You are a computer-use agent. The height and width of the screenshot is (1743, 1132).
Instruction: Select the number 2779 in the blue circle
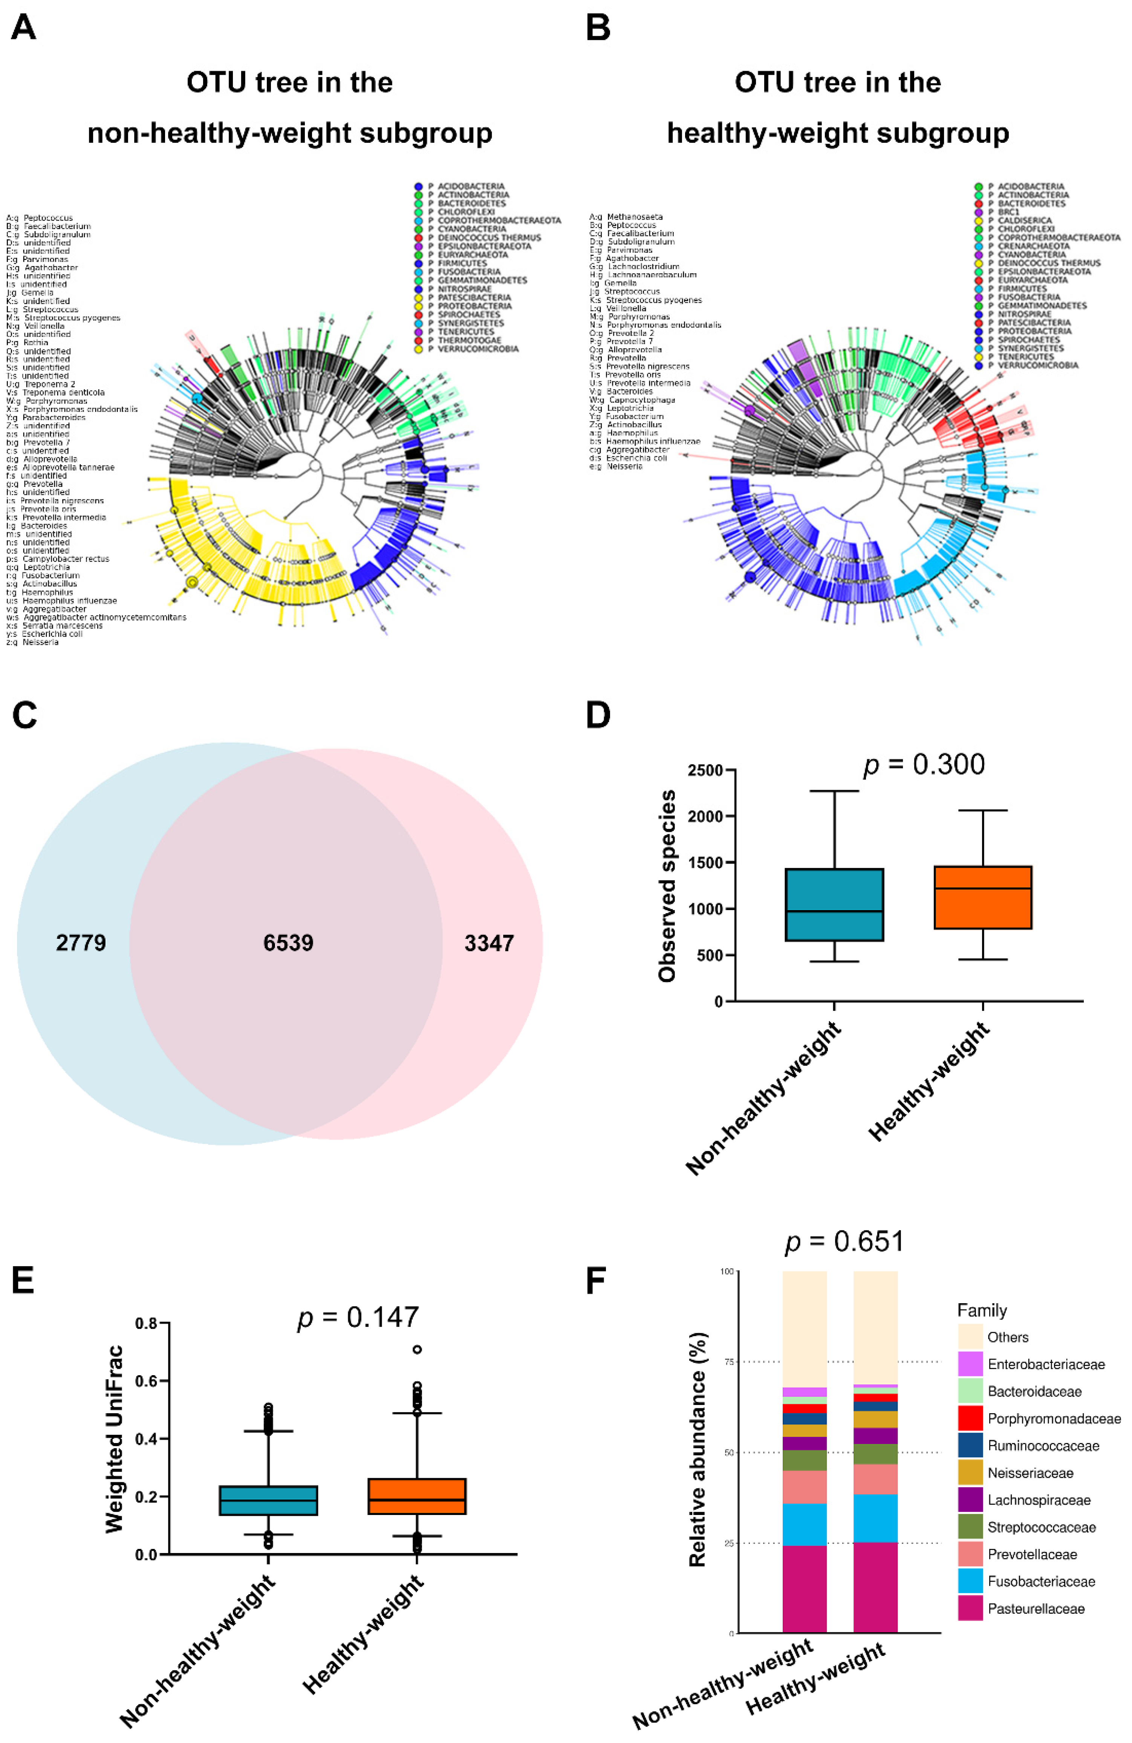point(81,943)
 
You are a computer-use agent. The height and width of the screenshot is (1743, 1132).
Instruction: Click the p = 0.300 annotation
point(924,765)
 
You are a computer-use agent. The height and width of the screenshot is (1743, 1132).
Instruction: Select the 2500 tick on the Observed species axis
point(705,770)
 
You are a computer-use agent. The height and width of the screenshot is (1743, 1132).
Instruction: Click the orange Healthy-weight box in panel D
point(983,897)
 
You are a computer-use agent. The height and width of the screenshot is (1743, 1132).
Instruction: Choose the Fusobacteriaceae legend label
point(1041,1581)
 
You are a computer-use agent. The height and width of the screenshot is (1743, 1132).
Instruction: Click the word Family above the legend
point(982,1310)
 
